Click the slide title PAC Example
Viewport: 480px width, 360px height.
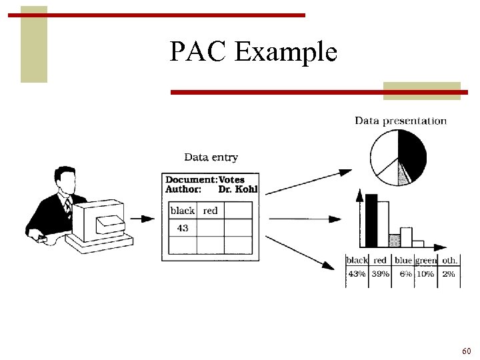click(x=253, y=52)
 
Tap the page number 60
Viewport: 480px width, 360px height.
click(x=466, y=351)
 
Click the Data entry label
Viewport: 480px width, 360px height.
click(x=211, y=157)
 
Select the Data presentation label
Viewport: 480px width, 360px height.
click(x=400, y=121)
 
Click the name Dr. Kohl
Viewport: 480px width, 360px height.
click(x=238, y=189)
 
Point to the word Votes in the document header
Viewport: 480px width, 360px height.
click(x=231, y=179)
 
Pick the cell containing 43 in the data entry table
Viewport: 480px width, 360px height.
click(x=183, y=228)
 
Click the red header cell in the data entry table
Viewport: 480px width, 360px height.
click(x=211, y=211)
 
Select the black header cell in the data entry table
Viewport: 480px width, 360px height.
click(x=182, y=211)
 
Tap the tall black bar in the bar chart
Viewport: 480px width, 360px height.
click(x=371, y=220)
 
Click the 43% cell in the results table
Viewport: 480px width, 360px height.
click(x=357, y=274)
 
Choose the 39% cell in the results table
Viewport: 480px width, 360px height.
click(x=381, y=274)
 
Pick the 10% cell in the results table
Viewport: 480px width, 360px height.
click(x=425, y=274)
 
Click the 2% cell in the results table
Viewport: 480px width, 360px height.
click(x=449, y=274)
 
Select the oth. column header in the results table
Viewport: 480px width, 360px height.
click(x=449, y=260)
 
